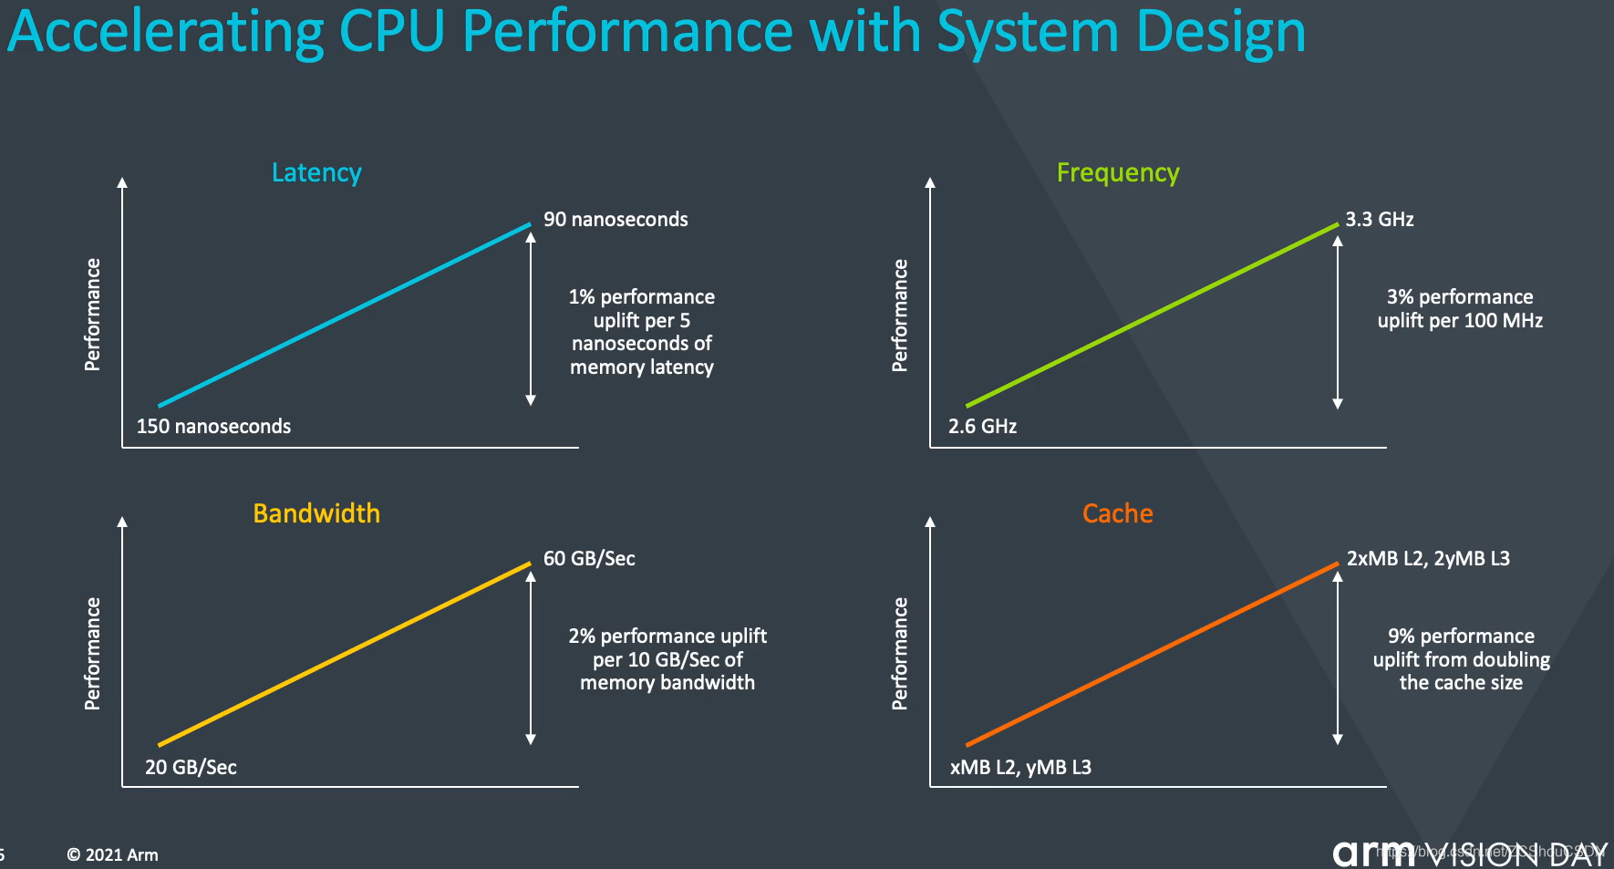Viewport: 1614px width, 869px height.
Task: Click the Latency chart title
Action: pos(316,172)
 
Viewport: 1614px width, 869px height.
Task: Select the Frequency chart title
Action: pos(1118,172)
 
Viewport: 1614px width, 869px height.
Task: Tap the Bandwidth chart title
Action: pos(316,513)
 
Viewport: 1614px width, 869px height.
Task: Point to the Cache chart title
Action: pos(1117,513)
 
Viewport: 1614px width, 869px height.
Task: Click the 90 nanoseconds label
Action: pos(616,220)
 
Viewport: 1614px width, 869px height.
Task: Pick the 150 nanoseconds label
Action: pos(213,427)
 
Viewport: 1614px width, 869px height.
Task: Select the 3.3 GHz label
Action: pos(1379,220)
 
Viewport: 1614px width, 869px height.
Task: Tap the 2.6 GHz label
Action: pos(982,427)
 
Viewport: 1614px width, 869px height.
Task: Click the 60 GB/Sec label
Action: pos(589,559)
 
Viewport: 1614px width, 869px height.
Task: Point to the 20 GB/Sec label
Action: pos(191,768)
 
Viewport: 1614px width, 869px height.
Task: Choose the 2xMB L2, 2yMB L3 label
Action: pos(1428,559)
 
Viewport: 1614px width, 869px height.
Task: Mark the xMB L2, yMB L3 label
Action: pos(1020,768)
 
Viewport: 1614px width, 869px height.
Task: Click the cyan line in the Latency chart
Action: pos(345,315)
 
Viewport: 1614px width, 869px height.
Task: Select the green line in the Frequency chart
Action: pos(1153,315)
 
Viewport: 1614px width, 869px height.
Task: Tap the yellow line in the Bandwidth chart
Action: pos(345,654)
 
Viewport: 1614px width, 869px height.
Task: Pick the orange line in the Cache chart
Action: pos(1153,654)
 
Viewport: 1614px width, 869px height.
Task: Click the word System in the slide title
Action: pos(1028,32)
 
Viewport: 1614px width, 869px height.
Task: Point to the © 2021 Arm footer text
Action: pos(112,855)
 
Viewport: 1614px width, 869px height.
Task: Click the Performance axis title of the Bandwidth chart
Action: pos(92,654)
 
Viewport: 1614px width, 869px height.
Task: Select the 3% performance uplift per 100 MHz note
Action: pos(1460,309)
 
